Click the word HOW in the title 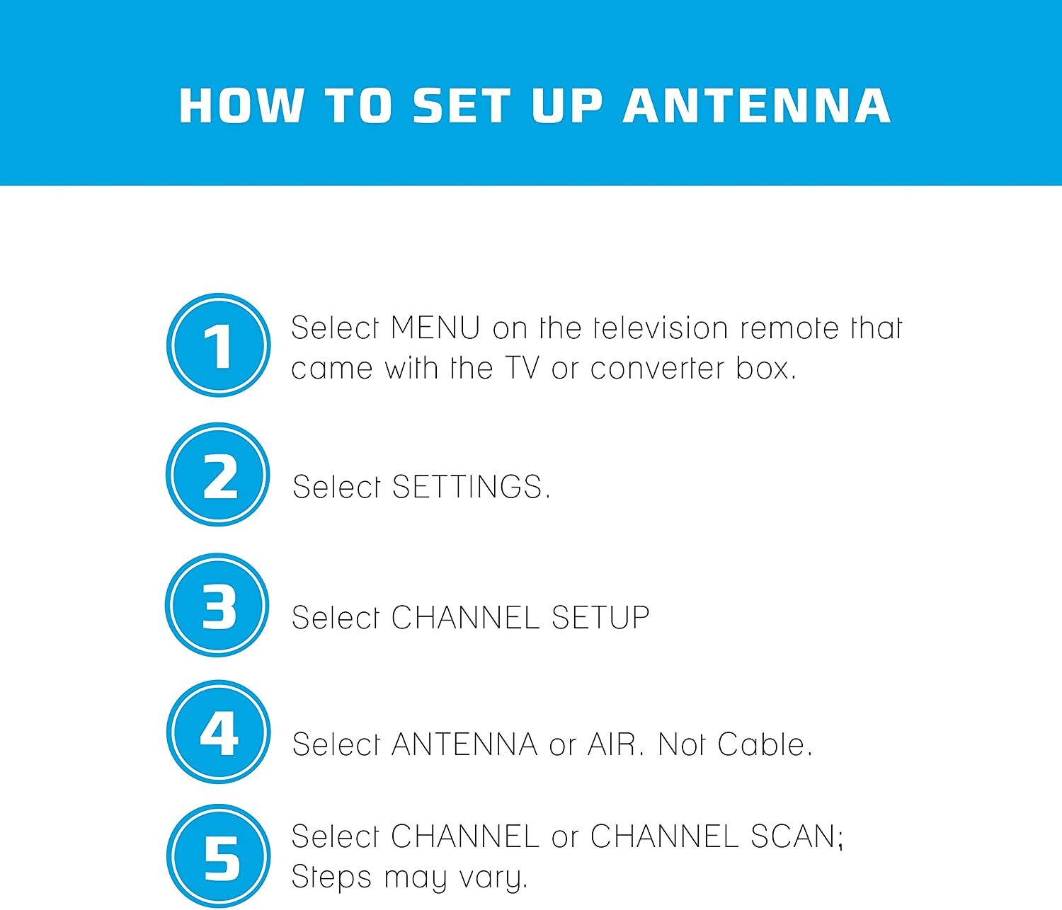tap(241, 106)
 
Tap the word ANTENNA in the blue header tap(757, 106)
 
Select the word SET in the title tap(462, 106)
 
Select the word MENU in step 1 tap(435, 328)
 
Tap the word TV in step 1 tap(523, 368)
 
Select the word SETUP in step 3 tap(600, 617)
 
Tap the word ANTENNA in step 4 tap(464, 744)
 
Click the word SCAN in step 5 tap(793, 836)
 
